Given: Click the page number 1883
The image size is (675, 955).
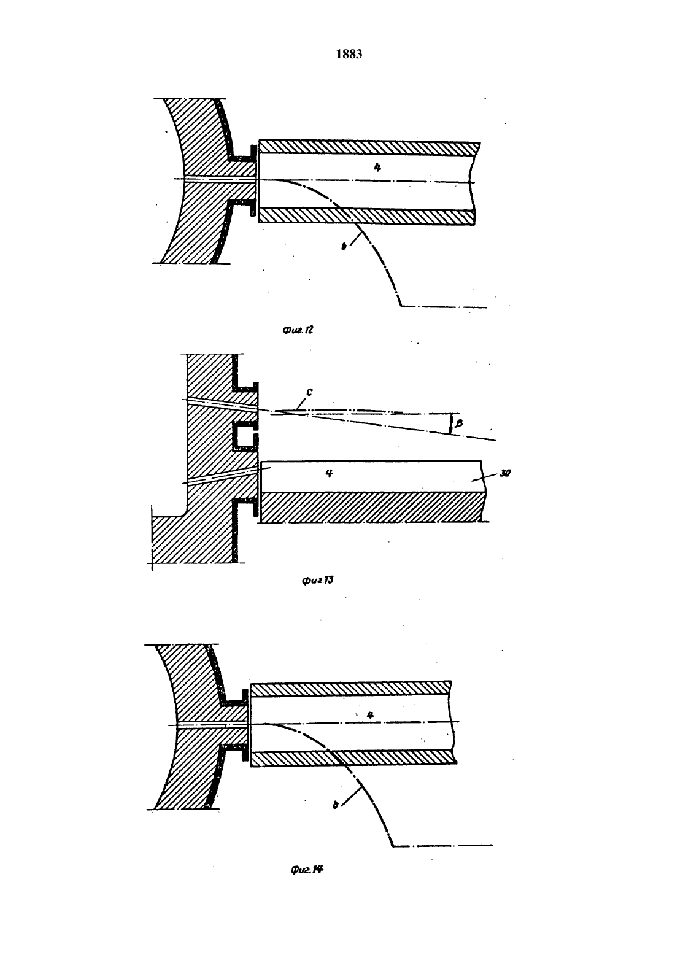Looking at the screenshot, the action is tap(349, 54).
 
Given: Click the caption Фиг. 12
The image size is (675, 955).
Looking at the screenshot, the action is tap(298, 330).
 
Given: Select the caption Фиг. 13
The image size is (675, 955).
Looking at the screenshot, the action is tap(317, 580).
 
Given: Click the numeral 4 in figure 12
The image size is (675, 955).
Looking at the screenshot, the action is tap(377, 168).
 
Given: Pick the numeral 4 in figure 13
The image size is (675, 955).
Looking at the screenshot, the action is tap(329, 473).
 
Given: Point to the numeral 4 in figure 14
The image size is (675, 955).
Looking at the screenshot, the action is tap(370, 715).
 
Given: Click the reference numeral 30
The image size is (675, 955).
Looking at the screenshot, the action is tap(505, 473).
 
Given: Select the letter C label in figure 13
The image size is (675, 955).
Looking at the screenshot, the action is tap(309, 392).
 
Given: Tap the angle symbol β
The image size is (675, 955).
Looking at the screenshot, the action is tap(459, 423).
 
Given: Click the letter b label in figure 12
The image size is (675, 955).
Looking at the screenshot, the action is tap(344, 246).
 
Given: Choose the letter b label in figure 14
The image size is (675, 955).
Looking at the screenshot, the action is tap(336, 805).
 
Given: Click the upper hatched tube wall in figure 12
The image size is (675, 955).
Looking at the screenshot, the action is tap(369, 147).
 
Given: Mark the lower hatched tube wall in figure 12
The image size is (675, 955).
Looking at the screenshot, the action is tap(366, 217).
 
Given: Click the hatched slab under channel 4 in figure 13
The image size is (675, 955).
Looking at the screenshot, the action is tap(373, 507).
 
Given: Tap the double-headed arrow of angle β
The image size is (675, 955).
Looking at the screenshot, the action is tap(451, 424).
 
